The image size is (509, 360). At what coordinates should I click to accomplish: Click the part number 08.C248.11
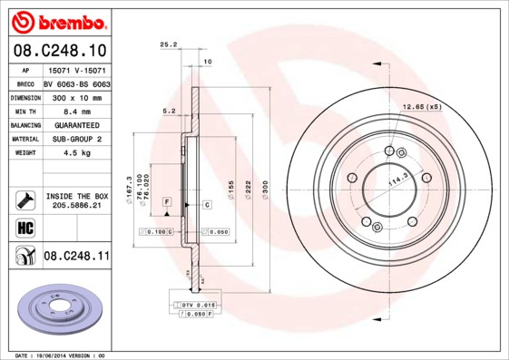[x=76, y=257]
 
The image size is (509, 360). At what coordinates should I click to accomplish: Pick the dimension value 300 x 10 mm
[x=73, y=95]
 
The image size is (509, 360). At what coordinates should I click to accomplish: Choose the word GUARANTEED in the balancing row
[x=76, y=124]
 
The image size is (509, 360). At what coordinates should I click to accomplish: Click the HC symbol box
[x=24, y=227]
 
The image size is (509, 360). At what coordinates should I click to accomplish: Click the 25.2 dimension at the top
[x=167, y=43]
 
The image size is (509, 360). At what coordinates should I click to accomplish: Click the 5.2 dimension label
[x=167, y=111]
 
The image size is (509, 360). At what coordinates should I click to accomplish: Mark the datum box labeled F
[x=167, y=199]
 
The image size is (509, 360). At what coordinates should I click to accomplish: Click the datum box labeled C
[x=207, y=205]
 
